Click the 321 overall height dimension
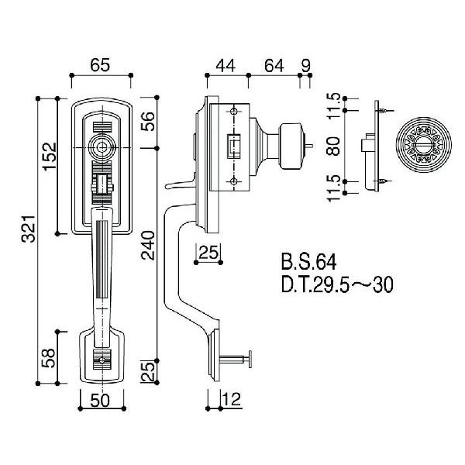pyautogui.click(x=29, y=229)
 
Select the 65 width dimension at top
pyautogui.click(x=100, y=65)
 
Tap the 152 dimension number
pyautogui.click(x=50, y=156)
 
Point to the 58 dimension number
pyautogui.click(x=49, y=357)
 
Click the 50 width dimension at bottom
pyautogui.click(x=100, y=401)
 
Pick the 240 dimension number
pyautogui.click(x=148, y=246)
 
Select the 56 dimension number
pyautogui.click(x=148, y=122)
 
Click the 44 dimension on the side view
pyautogui.click(x=226, y=66)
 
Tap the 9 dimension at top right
pyautogui.click(x=306, y=66)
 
